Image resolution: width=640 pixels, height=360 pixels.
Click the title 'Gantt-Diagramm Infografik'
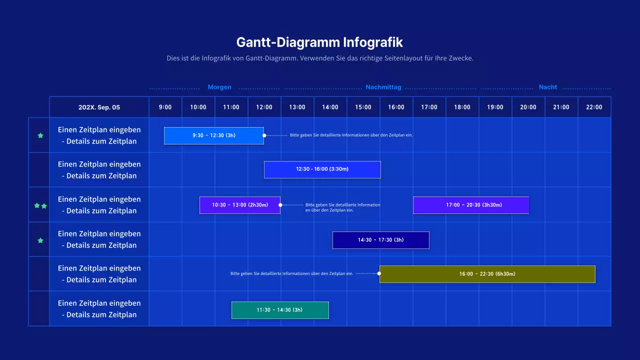(x=319, y=41)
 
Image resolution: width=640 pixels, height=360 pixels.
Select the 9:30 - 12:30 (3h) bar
(x=214, y=135)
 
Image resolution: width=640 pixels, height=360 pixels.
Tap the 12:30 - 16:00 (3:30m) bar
(x=322, y=169)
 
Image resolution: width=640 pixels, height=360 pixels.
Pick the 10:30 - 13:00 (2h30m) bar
(x=240, y=205)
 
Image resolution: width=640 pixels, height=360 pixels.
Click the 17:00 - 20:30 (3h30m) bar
(x=470, y=205)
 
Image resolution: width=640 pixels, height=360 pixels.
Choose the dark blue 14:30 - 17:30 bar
(x=380, y=240)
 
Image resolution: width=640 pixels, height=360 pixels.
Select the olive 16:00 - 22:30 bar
(x=487, y=274)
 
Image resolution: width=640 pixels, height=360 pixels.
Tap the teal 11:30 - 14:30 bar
(x=280, y=310)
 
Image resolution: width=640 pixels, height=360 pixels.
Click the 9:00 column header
(x=165, y=107)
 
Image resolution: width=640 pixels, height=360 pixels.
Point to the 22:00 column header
(x=594, y=107)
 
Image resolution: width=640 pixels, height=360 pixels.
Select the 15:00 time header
(x=363, y=107)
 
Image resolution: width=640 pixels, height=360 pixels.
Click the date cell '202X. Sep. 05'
(x=99, y=107)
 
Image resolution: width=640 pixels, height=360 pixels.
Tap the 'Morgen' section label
(x=219, y=87)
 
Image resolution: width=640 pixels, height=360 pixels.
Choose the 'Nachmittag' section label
(x=383, y=87)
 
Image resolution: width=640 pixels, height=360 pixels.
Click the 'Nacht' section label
(x=547, y=87)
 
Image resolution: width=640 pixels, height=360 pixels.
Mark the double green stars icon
(x=40, y=205)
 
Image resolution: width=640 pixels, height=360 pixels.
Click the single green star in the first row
(x=40, y=135)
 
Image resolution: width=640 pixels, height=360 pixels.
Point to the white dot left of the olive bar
(x=379, y=273)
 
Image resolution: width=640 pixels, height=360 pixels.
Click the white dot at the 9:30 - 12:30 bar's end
(x=264, y=135)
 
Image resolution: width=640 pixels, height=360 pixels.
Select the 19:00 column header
(x=495, y=107)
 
